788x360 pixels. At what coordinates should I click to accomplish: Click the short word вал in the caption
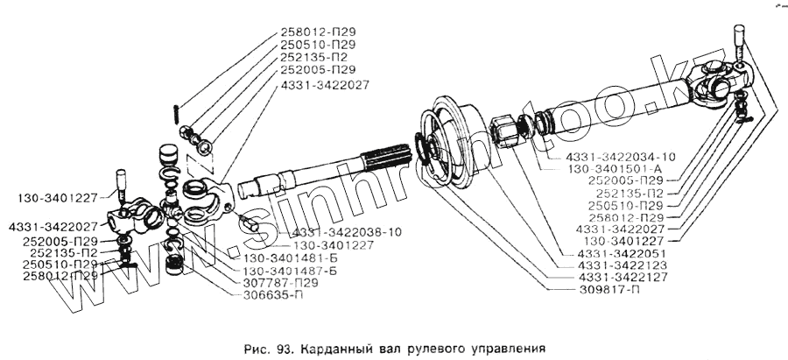pyautogui.click(x=383, y=346)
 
